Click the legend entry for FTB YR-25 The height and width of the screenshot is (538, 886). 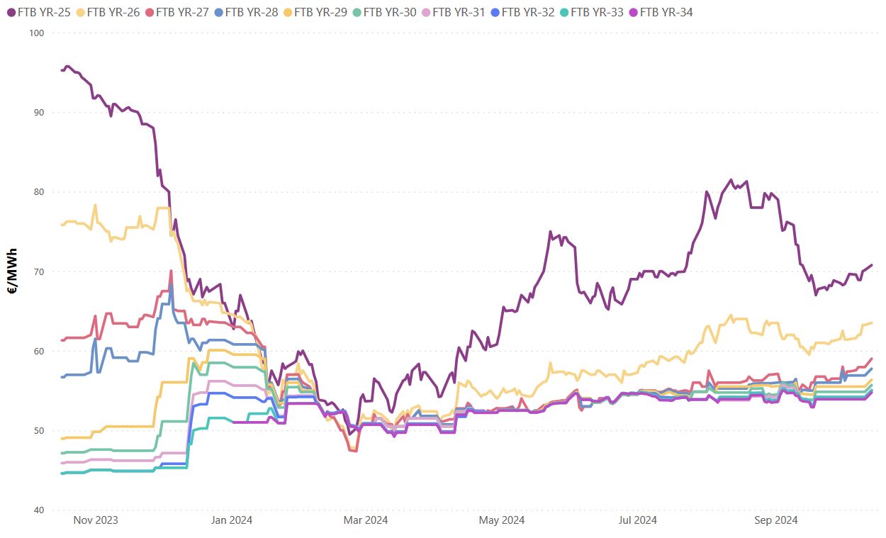[39, 12]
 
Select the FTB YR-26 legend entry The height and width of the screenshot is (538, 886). [108, 12]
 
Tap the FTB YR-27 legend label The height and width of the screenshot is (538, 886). [177, 12]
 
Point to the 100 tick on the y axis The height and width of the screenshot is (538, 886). [36, 33]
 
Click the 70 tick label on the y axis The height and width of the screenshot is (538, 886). [38, 271]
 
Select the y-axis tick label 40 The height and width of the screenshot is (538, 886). [38, 510]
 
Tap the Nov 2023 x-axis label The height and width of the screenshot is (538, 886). [96, 520]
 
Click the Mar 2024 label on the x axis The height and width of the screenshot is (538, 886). [366, 520]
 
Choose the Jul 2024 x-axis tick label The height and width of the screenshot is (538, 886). [637, 520]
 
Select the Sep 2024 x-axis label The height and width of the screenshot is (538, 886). [775, 520]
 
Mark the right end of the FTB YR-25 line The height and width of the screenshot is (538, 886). [872, 265]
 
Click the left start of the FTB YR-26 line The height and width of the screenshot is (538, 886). [62, 225]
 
